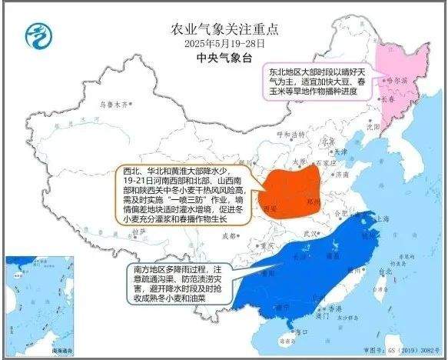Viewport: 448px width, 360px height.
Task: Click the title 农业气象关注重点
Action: click(224, 29)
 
